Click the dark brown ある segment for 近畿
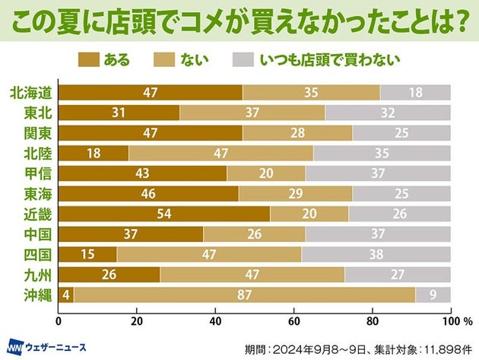(x=164, y=213)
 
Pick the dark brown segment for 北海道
(x=151, y=92)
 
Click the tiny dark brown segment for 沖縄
(x=66, y=295)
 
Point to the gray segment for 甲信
(x=378, y=173)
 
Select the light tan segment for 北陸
(x=221, y=152)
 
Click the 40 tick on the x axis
(x=216, y=311)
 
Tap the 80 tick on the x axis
(x=373, y=311)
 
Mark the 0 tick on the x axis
(x=59, y=311)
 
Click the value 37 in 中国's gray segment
(x=378, y=234)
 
